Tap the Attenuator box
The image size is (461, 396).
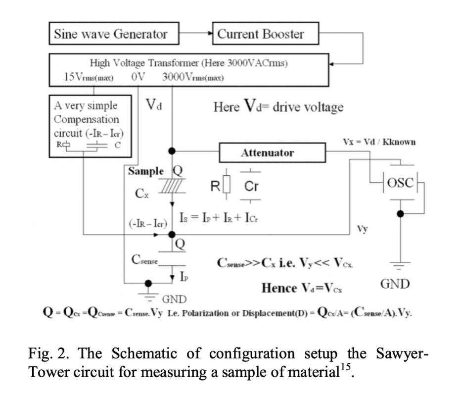pyautogui.click(x=268, y=153)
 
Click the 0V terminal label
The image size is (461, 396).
pyautogui.click(x=138, y=78)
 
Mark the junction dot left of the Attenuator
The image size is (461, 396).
pyautogui.click(x=171, y=150)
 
